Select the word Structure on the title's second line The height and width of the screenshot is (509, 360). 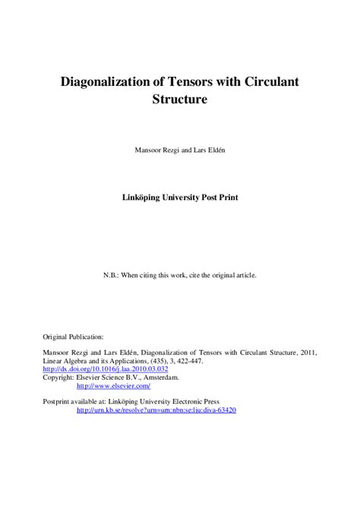pyautogui.click(x=180, y=99)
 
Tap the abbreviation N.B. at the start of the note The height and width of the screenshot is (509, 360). pyautogui.click(x=111, y=274)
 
